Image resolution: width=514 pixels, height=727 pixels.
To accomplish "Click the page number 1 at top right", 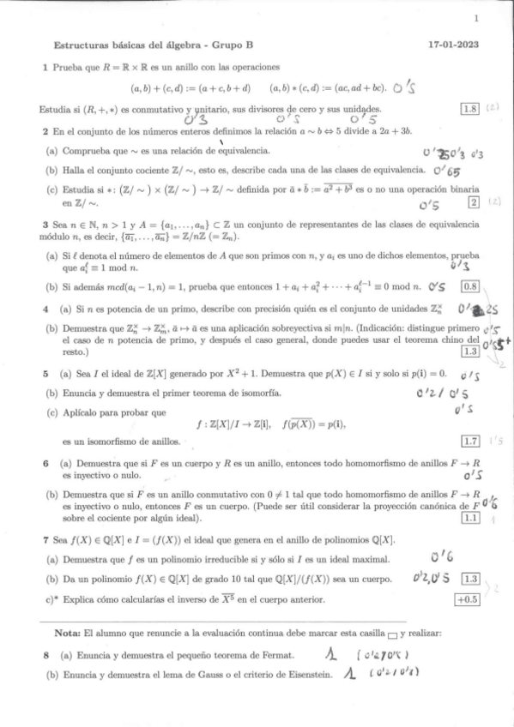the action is point(475,19).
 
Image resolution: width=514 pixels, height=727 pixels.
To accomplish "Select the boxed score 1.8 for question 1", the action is point(469,109).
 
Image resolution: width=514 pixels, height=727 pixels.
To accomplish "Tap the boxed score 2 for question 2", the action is point(472,201).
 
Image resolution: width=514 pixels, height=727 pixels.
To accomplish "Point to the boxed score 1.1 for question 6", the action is point(469,517).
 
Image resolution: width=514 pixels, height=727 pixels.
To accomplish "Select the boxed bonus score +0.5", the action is point(468,598).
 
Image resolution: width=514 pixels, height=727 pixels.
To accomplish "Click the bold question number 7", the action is point(45,540).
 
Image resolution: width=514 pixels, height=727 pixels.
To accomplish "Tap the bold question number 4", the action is point(45,307).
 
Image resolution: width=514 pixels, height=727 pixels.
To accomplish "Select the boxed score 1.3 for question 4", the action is point(469,351).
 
